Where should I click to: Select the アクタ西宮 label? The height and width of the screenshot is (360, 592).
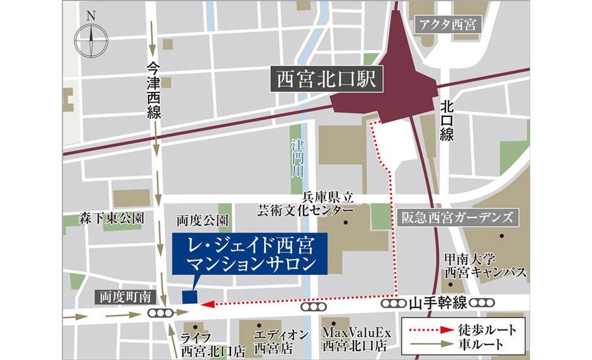pyautogui.click(x=448, y=26)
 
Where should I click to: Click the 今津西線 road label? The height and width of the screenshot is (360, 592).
pyautogui.click(x=154, y=90)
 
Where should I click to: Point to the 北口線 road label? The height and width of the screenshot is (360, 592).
pyautogui.click(x=446, y=120)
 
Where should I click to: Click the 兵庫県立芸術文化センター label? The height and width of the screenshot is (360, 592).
pyautogui.click(x=305, y=204)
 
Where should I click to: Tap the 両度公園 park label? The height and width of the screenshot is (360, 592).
pyautogui.click(x=202, y=221)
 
